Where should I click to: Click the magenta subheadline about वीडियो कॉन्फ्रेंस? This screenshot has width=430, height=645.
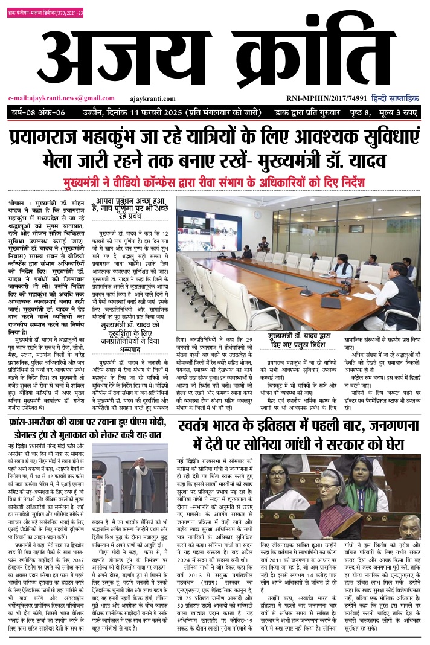coord(214,182)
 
